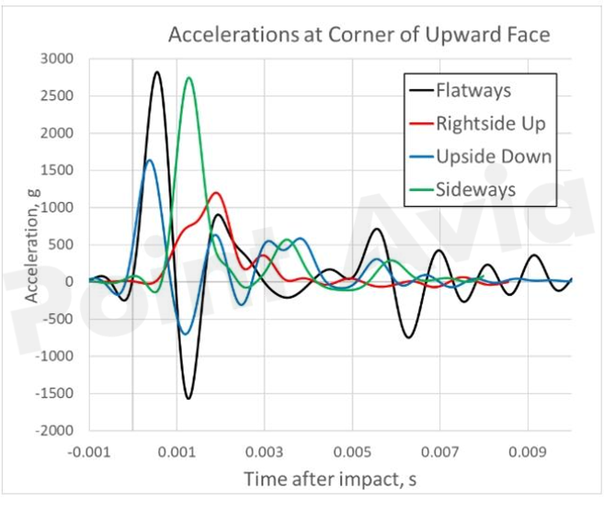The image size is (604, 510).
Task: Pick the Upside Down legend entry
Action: click(494, 155)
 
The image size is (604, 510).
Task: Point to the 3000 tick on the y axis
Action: click(63, 59)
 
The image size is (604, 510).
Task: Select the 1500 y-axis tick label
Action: click(63, 170)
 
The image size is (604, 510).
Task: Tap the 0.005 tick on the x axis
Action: click(352, 452)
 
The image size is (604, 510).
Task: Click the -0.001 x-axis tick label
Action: click(88, 452)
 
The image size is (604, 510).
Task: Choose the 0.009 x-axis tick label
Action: click(528, 452)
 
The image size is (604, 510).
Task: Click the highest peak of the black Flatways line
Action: click(157, 72)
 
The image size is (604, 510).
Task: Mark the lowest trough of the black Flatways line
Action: click(188, 398)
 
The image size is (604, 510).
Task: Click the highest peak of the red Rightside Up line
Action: click(216, 192)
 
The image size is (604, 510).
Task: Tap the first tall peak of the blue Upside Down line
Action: click(150, 160)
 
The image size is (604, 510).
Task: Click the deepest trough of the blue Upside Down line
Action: click(187, 334)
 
